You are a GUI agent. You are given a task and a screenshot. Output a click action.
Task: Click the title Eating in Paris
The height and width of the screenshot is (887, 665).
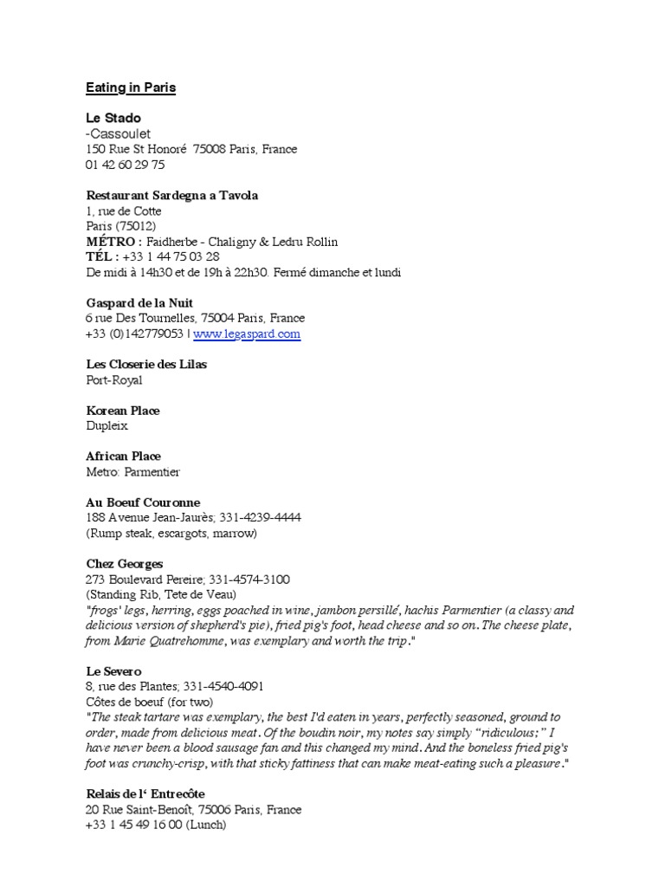pos(130,88)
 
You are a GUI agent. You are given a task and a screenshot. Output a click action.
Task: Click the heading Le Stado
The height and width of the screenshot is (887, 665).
pos(113,118)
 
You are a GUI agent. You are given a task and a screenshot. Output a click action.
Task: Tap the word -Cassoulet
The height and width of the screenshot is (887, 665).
pos(118,133)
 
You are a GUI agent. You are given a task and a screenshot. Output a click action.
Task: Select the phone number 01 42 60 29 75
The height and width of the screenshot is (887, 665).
pos(125,165)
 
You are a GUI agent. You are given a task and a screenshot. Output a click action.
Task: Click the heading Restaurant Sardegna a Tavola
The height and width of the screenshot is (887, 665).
pos(171,196)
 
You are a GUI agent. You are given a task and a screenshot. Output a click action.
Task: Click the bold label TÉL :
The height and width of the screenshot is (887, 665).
pos(102,257)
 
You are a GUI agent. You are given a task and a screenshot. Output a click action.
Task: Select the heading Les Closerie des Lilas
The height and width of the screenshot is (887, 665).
pos(146,365)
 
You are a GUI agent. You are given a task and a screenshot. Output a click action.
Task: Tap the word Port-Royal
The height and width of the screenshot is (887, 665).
pos(114,380)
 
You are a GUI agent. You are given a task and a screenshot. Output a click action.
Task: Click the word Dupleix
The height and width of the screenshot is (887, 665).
pos(107,426)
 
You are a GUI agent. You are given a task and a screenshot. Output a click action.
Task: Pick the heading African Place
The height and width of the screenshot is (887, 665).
pos(123,456)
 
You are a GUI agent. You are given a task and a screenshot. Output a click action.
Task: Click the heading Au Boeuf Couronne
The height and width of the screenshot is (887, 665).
pos(143,502)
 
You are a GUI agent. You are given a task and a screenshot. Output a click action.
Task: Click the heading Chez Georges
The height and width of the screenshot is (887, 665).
pos(124,564)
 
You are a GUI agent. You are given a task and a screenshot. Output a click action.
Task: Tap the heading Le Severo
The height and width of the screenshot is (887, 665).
pos(113,671)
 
